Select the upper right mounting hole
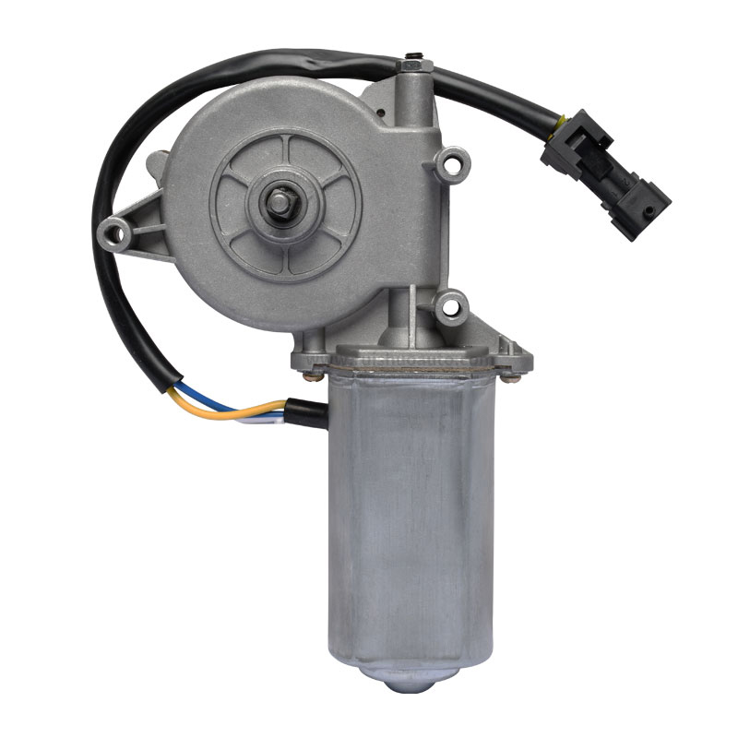(449, 166)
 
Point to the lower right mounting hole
(450, 304)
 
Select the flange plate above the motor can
(411, 355)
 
